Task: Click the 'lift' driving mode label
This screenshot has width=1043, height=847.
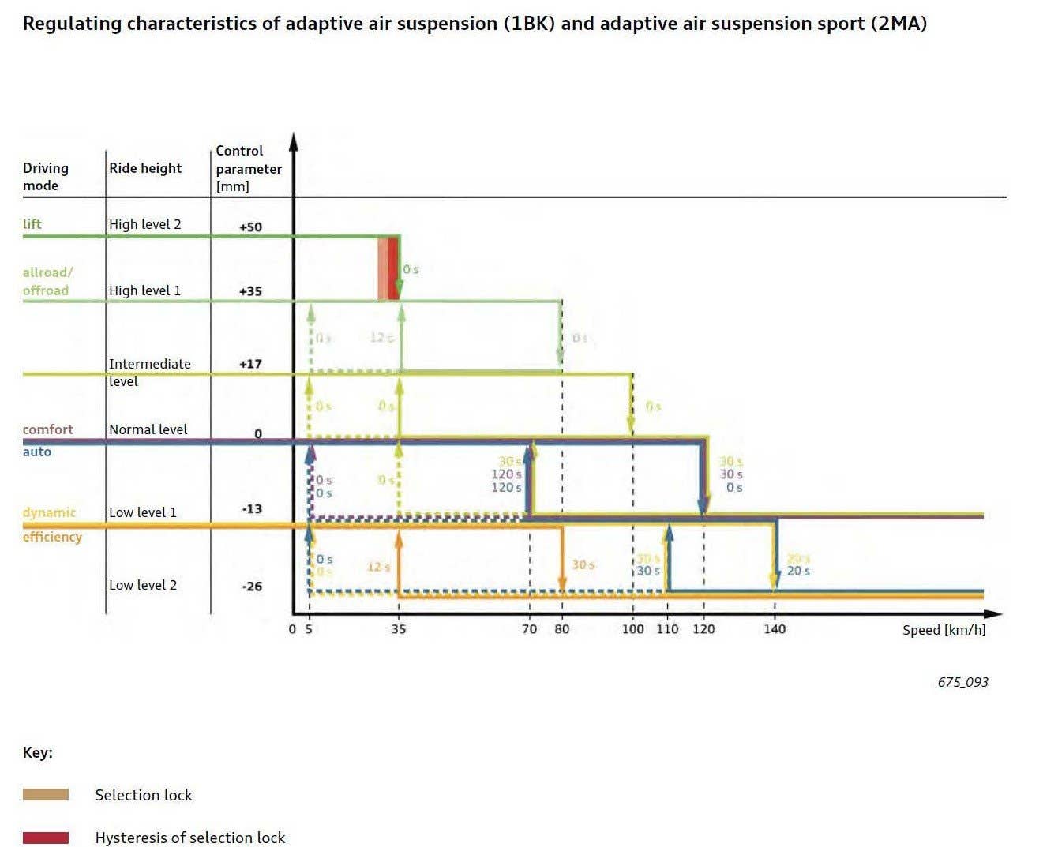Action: [x=32, y=224]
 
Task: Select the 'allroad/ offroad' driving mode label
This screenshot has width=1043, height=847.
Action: [x=47, y=282]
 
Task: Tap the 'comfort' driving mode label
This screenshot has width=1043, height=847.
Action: [x=47, y=429]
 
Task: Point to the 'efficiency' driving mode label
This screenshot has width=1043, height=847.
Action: [x=52, y=537]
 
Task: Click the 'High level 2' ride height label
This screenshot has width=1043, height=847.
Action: [x=144, y=224]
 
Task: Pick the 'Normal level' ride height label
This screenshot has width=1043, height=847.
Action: [x=148, y=429]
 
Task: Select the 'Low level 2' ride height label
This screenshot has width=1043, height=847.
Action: [x=143, y=585]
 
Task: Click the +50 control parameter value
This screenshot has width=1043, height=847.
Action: [x=250, y=227]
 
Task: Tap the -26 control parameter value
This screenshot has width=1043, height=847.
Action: [x=251, y=587]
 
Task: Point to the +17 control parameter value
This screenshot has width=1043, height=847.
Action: [x=250, y=364]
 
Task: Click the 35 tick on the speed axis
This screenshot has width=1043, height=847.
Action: [x=399, y=629]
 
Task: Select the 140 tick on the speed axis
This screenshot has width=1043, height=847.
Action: [x=775, y=629]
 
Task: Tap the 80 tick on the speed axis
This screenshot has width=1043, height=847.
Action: [x=561, y=629]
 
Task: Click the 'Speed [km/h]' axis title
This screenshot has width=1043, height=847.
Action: [x=944, y=630]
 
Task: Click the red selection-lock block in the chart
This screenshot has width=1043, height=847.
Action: [x=393, y=268]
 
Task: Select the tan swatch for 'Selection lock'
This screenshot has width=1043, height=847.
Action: [x=46, y=795]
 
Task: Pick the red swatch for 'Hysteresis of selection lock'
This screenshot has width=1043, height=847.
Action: [x=46, y=838]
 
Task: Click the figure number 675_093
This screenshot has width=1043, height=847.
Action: [x=962, y=682]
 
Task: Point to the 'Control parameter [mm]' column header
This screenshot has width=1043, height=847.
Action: [x=248, y=168]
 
